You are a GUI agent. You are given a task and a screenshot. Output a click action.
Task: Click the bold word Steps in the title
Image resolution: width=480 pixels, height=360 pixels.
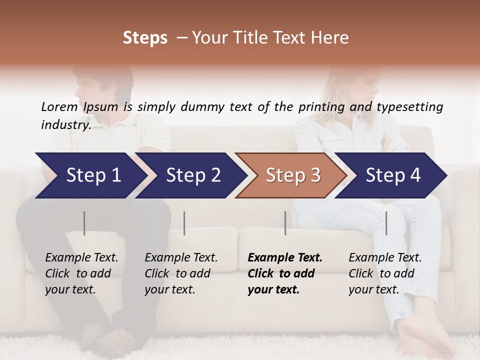(x=145, y=38)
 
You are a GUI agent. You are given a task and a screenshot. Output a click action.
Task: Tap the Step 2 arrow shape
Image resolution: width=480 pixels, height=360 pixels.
(x=193, y=175)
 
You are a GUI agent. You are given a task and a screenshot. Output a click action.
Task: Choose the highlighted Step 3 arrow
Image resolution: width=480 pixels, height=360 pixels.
(x=292, y=175)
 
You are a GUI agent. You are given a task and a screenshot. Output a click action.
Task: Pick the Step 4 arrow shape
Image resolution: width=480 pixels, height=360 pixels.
(x=392, y=175)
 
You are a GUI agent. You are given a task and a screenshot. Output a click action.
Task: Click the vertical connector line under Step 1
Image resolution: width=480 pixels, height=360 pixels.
(x=84, y=223)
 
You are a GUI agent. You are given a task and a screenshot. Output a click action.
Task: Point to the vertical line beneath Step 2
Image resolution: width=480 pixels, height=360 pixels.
(x=184, y=223)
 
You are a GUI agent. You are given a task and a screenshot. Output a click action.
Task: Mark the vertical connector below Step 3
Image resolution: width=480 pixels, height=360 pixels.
(x=285, y=223)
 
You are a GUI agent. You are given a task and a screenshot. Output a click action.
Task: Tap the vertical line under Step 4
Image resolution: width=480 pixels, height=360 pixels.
(x=386, y=223)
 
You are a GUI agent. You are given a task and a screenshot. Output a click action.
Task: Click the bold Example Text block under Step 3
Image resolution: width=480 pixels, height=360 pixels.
(x=284, y=273)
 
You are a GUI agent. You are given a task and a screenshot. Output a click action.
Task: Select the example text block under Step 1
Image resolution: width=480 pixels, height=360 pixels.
(x=81, y=273)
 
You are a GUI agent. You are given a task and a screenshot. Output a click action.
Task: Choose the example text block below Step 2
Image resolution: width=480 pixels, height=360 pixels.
(x=181, y=273)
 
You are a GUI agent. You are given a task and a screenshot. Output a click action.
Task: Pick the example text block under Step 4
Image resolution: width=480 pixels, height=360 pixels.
(x=385, y=273)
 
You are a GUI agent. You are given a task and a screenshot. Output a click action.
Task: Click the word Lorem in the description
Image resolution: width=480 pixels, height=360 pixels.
(x=59, y=107)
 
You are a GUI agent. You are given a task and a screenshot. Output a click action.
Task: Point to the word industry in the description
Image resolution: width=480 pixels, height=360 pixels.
(x=65, y=125)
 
